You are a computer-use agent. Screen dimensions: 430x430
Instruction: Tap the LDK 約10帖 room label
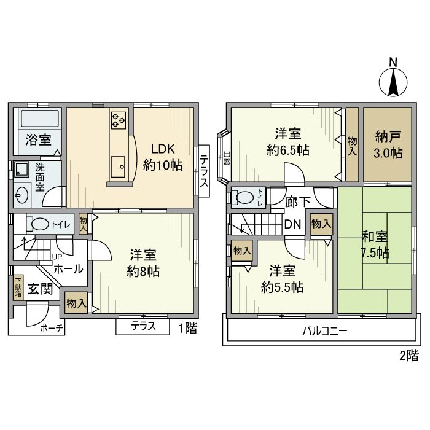pos(163,157)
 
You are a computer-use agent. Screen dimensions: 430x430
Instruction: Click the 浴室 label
pos(38,139)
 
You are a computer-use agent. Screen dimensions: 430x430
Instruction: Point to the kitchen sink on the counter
pos(117,165)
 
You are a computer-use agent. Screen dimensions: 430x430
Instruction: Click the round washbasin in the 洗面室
pos(22,195)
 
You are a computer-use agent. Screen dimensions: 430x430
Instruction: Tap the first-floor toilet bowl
pos(42,225)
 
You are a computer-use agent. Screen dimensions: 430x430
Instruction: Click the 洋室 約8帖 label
pos(144,262)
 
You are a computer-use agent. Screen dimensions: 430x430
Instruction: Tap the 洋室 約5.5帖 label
pos(281,278)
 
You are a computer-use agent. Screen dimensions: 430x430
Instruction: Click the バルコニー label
pos(324,331)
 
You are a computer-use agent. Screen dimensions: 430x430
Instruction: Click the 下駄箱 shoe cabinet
pos(18,287)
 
